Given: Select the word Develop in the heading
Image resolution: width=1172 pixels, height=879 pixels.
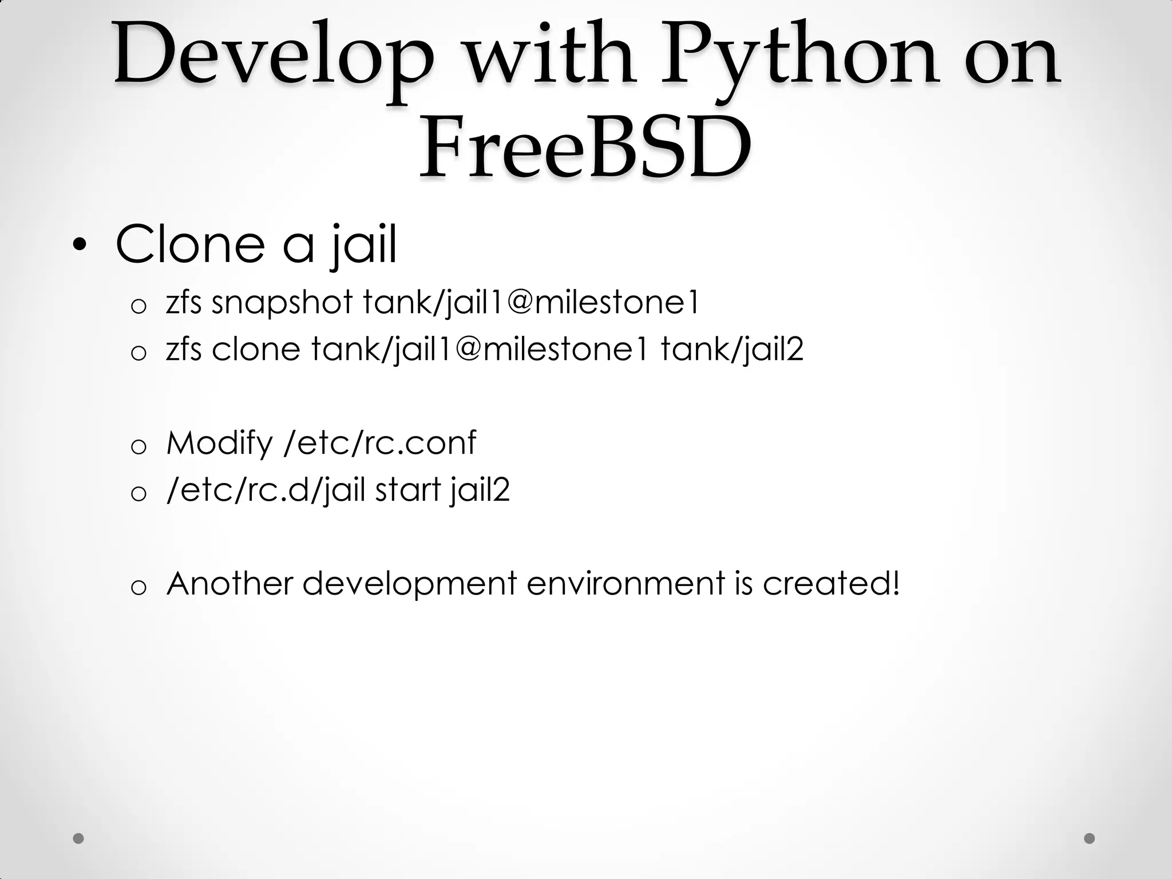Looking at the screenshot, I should point(274,57).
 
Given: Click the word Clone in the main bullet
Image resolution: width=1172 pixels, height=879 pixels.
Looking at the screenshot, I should point(191,244).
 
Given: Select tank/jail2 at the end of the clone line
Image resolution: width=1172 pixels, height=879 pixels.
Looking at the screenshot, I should point(732,349).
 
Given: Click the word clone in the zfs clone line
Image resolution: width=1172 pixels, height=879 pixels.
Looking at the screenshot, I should point(256,349).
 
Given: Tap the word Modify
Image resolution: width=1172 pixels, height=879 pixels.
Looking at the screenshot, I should point(219,443).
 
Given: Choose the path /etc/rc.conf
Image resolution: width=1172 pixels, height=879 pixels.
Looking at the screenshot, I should point(379,443).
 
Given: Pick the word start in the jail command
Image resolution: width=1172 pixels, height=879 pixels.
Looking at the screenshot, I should point(407,490).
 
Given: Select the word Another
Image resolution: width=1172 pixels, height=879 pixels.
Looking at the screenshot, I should point(229,583).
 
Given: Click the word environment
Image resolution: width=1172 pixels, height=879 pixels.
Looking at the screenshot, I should point(625,583).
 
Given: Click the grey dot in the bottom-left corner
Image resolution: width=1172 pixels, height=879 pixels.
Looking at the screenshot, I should point(79,838).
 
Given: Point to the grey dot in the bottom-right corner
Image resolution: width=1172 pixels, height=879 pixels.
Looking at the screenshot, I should point(1090,838).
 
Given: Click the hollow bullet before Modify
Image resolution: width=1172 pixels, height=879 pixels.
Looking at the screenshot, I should point(138,447).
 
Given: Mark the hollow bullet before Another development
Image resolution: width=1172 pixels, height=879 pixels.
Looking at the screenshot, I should point(138,587).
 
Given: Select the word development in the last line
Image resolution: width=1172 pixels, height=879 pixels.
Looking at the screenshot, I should point(409,583).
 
